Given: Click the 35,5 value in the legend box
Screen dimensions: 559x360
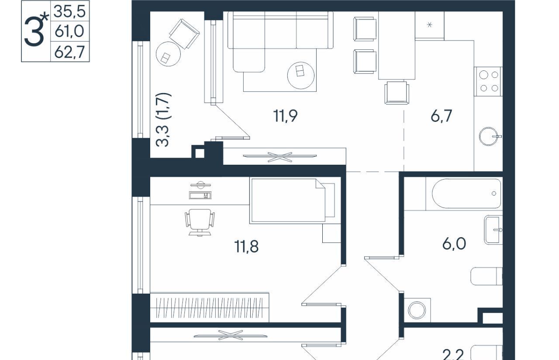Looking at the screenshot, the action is pyautogui.click(x=69, y=12).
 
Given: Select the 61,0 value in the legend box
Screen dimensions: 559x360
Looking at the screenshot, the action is pyautogui.click(x=69, y=32).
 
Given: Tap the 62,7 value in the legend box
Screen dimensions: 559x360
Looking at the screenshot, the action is pyautogui.click(x=69, y=52).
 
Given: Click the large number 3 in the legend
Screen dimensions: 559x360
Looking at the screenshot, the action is pyautogui.click(x=34, y=32).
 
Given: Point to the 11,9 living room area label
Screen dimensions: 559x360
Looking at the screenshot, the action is pyautogui.click(x=285, y=116).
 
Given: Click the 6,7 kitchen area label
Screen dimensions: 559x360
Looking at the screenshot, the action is pyautogui.click(x=441, y=116).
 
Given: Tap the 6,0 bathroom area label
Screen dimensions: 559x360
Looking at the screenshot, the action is pyautogui.click(x=454, y=244).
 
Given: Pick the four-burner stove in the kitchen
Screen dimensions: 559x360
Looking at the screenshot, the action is pyautogui.click(x=488, y=81).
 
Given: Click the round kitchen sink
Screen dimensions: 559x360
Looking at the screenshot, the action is pyautogui.click(x=489, y=137).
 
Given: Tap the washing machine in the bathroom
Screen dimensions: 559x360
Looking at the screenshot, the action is pyautogui.click(x=417, y=310).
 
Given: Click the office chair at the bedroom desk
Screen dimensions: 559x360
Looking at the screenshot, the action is pyautogui.click(x=200, y=222).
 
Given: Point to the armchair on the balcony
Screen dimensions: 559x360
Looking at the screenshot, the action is pyautogui.click(x=184, y=34).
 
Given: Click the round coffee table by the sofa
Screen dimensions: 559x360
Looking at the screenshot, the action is pyautogui.click(x=301, y=76).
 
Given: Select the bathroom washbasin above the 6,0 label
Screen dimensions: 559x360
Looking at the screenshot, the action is pyautogui.click(x=493, y=230).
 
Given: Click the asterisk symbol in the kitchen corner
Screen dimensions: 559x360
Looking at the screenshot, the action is pyautogui.click(x=429, y=25).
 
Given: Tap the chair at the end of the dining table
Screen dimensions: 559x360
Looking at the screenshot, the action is pyautogui.click(x=397, y=93).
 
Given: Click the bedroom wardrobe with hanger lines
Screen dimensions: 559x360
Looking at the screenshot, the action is pyautogui.click(x=209, y=307).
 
